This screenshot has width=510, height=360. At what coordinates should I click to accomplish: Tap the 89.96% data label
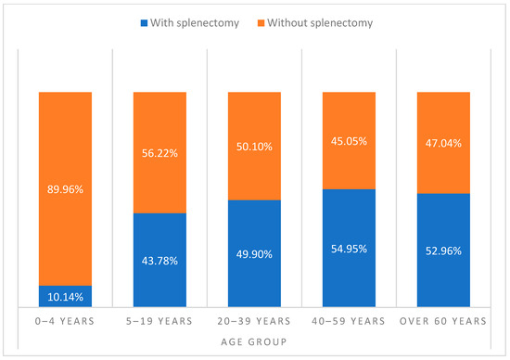(65, 189)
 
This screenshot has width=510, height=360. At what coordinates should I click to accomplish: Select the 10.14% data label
(65, 297)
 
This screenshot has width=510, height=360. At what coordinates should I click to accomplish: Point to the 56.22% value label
(159, 153)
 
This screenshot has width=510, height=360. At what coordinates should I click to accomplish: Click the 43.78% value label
(159, 260)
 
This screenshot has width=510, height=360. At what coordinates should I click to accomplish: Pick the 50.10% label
(254, 147)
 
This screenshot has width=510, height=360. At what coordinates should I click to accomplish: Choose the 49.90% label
(254, 253)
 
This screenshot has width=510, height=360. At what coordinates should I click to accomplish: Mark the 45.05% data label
(350, 141)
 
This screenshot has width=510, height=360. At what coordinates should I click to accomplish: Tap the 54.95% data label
(350, 249)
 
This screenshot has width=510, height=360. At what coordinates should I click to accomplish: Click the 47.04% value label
(444, 144)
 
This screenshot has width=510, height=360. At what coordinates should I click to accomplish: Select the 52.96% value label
(444, 251)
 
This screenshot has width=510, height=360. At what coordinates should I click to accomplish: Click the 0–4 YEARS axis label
(65, 321)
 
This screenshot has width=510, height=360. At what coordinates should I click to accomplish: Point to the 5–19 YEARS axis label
(159, 321)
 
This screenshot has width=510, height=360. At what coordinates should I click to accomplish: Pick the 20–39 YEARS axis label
(254, 321)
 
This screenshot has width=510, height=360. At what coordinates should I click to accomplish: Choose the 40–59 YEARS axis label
(350, 321)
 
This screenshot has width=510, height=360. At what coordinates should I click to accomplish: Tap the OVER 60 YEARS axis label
(444, 321)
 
